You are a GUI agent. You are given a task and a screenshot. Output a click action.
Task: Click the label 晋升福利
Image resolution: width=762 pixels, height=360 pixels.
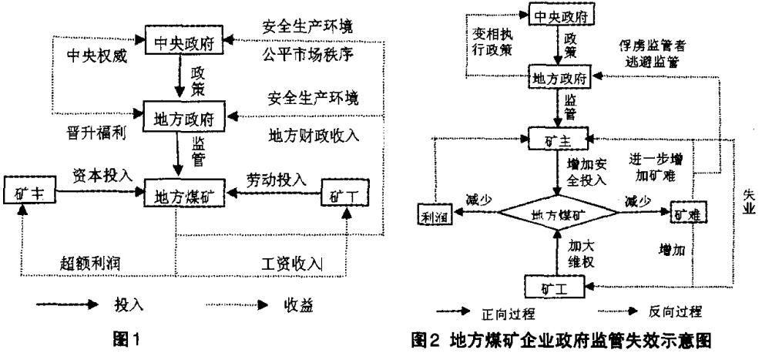point(96,133)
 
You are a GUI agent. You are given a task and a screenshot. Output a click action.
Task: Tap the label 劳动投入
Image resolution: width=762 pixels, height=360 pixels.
point(276,180)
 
